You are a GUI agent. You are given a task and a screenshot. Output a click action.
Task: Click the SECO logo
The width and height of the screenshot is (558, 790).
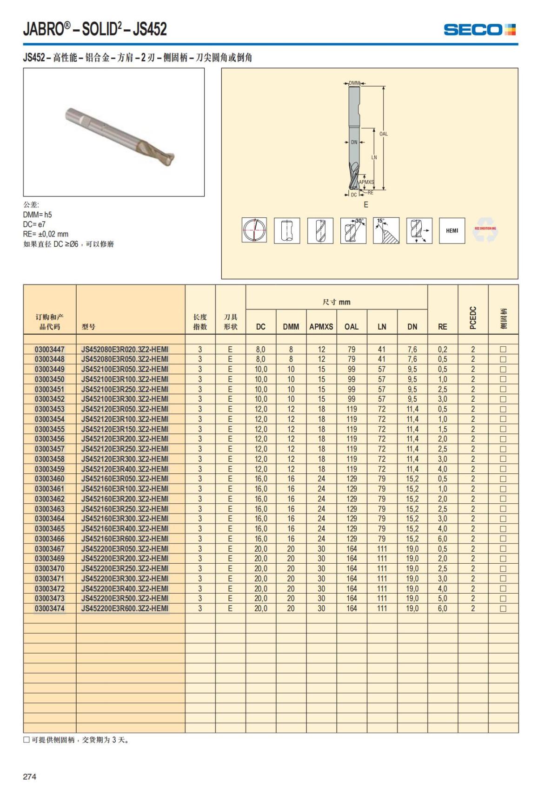pyautogui.click(x=479, y=30)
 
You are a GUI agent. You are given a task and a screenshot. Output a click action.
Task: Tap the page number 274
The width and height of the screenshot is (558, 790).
pyautogui.click(x=30, y=776)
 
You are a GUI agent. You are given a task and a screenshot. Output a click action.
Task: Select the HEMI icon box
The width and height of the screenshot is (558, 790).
pyautogui.click(x=452, y=230)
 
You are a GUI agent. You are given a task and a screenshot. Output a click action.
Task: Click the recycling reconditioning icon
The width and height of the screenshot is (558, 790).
pyautogui.click(x=485, y=230)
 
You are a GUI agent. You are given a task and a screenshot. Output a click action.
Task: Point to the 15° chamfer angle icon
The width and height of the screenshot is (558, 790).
pyautogui.click(x=386, y=230)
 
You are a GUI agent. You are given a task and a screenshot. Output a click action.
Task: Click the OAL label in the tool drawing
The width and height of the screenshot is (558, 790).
pyautogui.click(x=383, y=134)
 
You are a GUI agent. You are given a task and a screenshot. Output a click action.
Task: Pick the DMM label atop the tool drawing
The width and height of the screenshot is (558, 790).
pyautogui.click(x=354, y=83)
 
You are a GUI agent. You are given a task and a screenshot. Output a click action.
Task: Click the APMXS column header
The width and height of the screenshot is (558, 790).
pyautogui.click(x=321, y=327)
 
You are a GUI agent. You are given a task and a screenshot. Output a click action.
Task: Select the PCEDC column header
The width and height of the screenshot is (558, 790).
pyautogui.click(x=473, y=317)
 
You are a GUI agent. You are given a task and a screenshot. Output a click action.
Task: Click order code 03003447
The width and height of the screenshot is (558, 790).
pyautogui.click(x=50, y=350)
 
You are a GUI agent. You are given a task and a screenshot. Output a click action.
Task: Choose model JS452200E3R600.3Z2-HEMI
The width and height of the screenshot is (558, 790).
pyautogui.click(x=125, y=608)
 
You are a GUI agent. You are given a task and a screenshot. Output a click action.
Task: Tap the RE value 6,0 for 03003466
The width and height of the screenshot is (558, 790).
pyautogui.click(x=442, y=539)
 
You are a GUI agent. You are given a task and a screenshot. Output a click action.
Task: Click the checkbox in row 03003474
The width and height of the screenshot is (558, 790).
pyautogui.click(x=503, y=608)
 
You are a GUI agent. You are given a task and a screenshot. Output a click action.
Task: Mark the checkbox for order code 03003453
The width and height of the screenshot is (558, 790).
pyautogui.click(x=503, y=409)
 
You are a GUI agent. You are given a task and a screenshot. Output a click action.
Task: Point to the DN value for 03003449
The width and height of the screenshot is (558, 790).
pyautogui.click(x=412, y=369)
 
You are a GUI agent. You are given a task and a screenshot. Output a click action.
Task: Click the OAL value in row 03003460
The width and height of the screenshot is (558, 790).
pyautogui.click(x=352, y=479)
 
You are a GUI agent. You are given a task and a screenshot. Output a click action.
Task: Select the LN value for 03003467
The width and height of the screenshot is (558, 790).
pyautogui.click(x=382, y=549)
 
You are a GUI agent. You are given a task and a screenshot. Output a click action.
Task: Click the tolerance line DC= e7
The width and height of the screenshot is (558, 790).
pyautogui.click(x=34, y=224)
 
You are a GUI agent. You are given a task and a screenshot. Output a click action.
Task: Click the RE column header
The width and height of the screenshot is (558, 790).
pyautogui.click(x=442, y=327)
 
